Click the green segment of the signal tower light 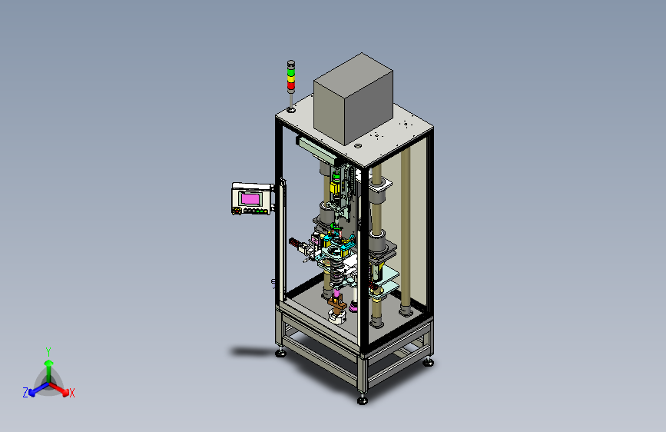click(x=291, y=72)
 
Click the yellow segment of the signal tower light click(x=291, y=79)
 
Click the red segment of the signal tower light click(x=291, y=86)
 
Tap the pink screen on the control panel click(x=250, y=199)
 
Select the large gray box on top click(x=353, y=98)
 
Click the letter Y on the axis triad click(x=48, y=352)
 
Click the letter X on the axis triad click(x=71, y=394)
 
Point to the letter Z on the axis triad click(x=25, y=393)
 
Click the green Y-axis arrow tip click(x=49, y=363)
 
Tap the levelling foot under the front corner click(x=363, y=400)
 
